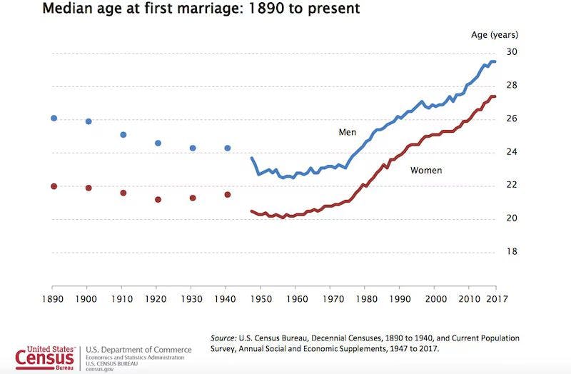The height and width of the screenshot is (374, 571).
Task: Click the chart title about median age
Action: (x=202, y=10)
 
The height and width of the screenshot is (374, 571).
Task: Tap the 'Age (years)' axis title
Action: (x=495, y=34)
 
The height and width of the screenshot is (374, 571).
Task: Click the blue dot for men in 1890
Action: (x=54, y=118)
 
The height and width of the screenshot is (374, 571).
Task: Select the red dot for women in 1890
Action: (x=54, y=186)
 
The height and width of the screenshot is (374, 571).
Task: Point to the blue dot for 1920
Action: (x=158, y=143)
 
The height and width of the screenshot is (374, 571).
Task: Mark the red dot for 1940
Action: (x=228, y=194)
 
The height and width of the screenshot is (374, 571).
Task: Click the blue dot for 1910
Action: (x=123, y=134)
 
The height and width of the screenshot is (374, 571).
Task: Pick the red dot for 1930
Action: (x=193, y=198)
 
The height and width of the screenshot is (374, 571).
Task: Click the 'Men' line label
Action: (x=348, y=132)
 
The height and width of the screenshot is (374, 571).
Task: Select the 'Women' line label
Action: (x=425, y=171)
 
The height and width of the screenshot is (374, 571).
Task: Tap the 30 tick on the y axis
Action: (x=512, y=52)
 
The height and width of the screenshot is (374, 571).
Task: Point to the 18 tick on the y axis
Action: (x=512, y=252)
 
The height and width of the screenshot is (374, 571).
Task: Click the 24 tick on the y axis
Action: (x=512, y=152)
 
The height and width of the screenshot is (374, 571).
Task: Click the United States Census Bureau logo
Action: (x=44, y=355)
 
